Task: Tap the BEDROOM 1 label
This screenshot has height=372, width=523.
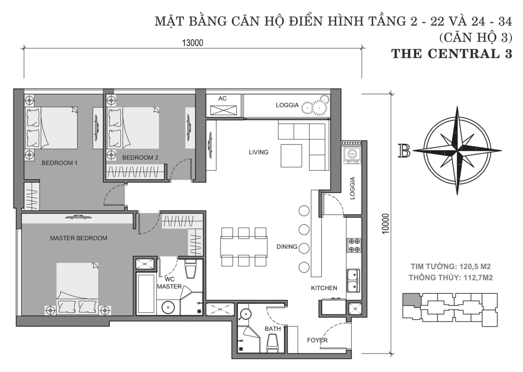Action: (x=59, y=163)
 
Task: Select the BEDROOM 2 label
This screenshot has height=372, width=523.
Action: (x=140, y=157)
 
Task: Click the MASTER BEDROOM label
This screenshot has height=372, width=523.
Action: (x=78, y=238)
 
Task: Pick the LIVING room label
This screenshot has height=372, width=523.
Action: (x=258, y=152)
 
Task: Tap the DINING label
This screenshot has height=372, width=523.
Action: (x=287, y=247)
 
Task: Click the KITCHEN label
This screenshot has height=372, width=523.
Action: (x=324, y=288)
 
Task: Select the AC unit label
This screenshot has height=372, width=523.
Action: (x=222, y=98)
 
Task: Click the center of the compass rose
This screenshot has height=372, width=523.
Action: (x=457, y=151)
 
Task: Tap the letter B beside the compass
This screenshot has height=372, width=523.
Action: (x=404, y=150)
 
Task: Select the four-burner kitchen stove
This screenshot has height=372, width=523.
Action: (x=353, y=245)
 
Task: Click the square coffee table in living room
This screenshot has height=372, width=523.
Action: (x=292, y=156)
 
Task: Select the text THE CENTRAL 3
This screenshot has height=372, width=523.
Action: (x=453, y=54)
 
